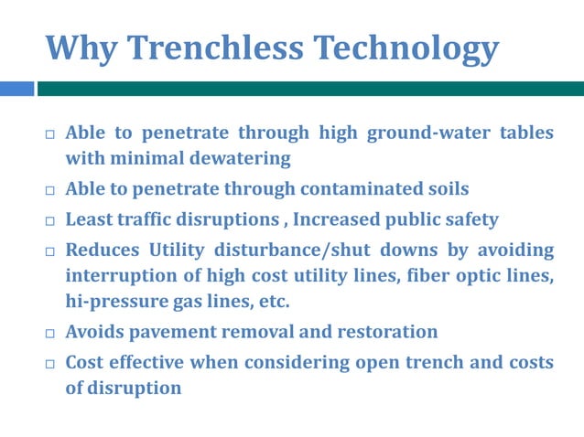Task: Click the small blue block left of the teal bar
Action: [16, 89]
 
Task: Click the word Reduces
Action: [101, 250]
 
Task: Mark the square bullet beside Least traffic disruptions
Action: [50, 220]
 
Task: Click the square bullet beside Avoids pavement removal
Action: [50, 333]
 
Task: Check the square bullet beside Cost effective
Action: [50, 363]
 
